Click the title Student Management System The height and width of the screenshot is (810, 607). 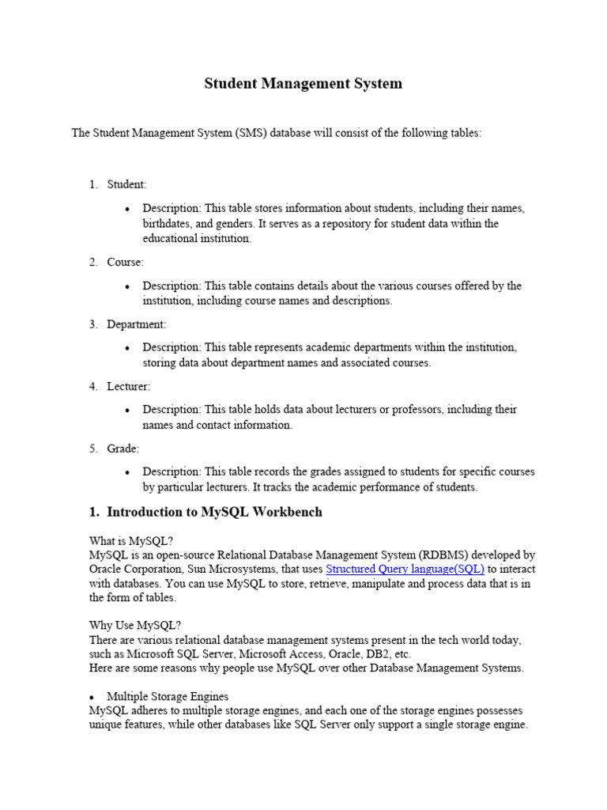click(303, 83)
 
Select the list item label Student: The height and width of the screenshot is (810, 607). click(126, 184)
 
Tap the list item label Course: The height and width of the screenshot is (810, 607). click(125, 262)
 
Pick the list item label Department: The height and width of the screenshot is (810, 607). click(137, 324)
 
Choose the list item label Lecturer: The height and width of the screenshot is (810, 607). click(128, 386)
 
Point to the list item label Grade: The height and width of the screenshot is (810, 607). click(123, 449)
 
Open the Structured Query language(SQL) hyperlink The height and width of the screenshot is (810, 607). click(405, 569)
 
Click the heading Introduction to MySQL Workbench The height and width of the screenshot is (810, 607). click(214, 512)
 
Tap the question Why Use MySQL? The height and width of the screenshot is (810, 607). click(135, 625)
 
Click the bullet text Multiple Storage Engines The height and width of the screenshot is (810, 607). click(168, 696)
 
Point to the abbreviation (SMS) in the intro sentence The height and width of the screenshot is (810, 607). click(250, 133)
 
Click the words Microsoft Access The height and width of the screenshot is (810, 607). click(275, 654)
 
